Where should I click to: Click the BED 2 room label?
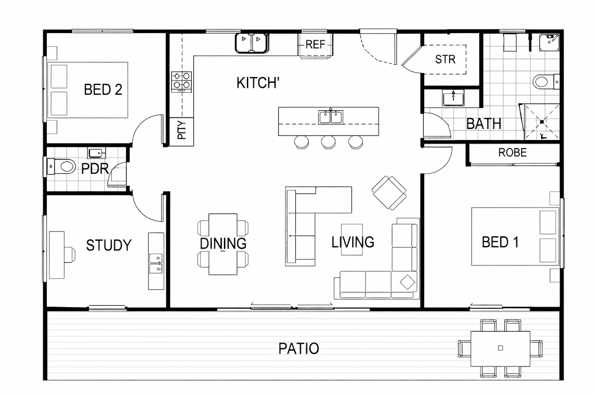click(103, 90)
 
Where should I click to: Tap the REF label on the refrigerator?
click(315, 44)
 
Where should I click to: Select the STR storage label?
click(445, 59)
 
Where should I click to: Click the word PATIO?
click(298, 348)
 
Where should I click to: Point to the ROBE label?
click(513, 152)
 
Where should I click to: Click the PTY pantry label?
click(182, 130)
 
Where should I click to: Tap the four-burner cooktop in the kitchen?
click(181, 81)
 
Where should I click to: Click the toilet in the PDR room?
click(61, 166)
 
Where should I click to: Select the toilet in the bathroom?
click(546, 81)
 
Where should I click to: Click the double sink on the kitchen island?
click(331, 117)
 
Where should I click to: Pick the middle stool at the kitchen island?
click(328, 142)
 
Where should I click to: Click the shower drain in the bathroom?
click(542, 122)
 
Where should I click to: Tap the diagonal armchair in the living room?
click(389, 193)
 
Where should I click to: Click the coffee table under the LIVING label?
click(352, 239)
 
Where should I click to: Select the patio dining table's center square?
click(501, 348)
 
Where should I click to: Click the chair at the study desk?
click(70, 255)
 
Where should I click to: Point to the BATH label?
click(484, 124)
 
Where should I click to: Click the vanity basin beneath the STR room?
click(453, 98)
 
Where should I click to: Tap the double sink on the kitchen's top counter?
click(252, 43)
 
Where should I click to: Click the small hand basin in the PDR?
click(96, 153)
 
